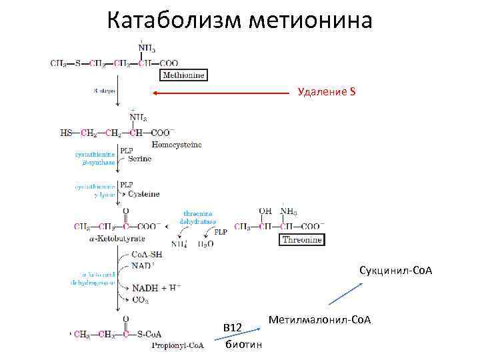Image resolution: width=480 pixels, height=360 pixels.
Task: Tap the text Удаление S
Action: (x=327, y=91)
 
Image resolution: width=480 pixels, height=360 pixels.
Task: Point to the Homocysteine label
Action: (x=177, y=144)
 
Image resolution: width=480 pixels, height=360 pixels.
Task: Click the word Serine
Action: (x=140, y=159)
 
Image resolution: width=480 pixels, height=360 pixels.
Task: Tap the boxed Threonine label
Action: (x=302, y=239)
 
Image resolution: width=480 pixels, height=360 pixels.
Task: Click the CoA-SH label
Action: (x=147, y=255)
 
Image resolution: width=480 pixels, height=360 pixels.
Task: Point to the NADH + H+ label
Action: (x=155, y=288)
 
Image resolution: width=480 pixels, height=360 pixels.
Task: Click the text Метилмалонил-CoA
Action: (x=319, y=321)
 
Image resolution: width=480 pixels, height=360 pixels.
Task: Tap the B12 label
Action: (x=233, y=328)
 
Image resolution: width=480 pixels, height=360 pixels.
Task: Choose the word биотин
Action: (x=244, y=345)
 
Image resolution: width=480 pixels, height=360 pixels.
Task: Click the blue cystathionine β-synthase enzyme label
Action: (x=95, y=158)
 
